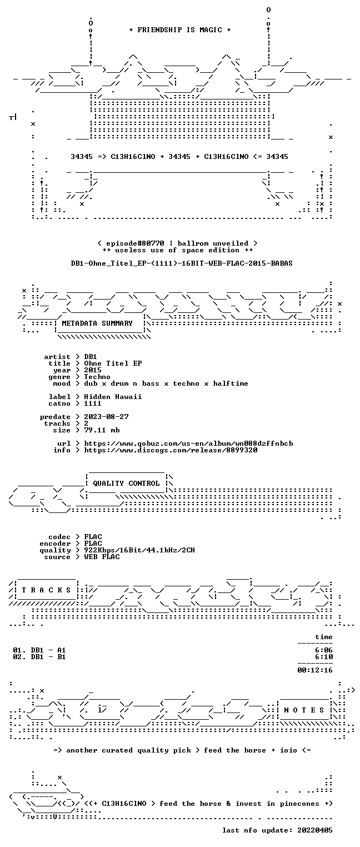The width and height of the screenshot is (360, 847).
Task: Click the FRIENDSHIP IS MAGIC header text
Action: click(x=179, y=30)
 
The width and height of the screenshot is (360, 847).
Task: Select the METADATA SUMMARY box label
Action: click(x=97, y=323)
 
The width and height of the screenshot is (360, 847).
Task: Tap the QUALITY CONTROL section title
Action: click(x=126, y=483)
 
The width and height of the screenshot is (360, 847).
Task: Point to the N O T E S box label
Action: click(x=304, y=710)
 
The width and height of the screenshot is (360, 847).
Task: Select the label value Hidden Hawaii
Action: click(x=113, y=397)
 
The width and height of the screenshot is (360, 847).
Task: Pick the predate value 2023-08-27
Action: click(x=106, y=417)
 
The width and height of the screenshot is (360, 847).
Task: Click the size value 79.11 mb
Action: click(x=102, y=430)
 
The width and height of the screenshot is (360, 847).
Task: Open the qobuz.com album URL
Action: click(x=188, y=444)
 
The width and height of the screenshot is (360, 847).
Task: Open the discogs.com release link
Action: click(x=171, y=450)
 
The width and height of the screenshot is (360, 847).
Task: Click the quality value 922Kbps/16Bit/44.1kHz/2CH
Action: click(x=139, y=550)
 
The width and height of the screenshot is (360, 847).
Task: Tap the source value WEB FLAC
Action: click(x=102, y=556)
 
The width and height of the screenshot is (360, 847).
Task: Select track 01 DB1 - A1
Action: click(x=39, y=650)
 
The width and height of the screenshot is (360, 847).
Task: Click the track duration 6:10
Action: click(x=324, y=657)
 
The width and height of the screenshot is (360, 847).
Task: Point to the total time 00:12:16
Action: click(x=315, y=670)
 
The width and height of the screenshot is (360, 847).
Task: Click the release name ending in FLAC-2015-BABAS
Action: click(x=182, y=263)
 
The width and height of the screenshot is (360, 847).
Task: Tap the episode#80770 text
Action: click(x=135, y=243)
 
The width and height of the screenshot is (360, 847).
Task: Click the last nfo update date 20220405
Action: click(x=315, y=830)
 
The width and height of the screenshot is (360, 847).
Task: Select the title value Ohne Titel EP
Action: click(x=113, y=363)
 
